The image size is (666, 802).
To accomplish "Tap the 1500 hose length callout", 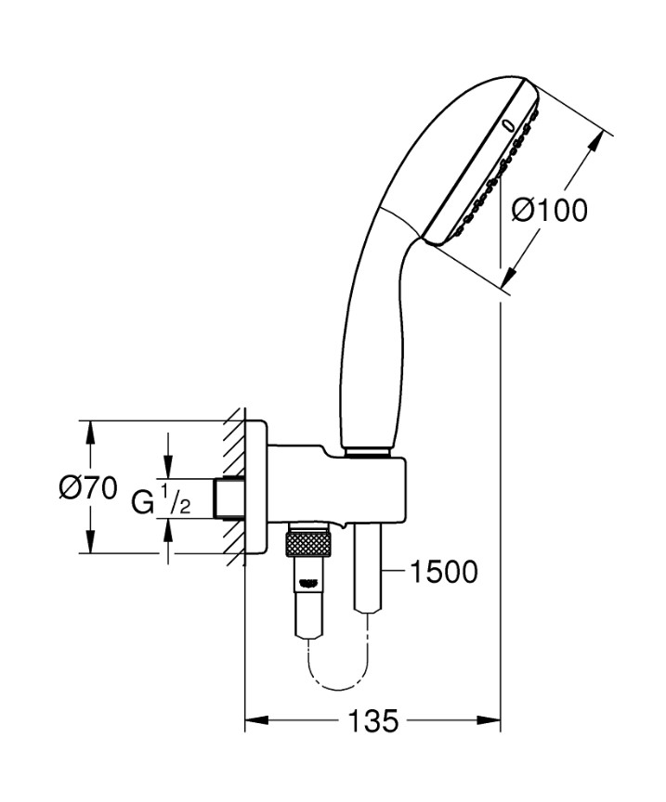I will coord(442,572).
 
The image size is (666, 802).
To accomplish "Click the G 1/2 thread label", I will coord(162,502).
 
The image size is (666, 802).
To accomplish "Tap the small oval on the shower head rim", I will coord(507,123).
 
